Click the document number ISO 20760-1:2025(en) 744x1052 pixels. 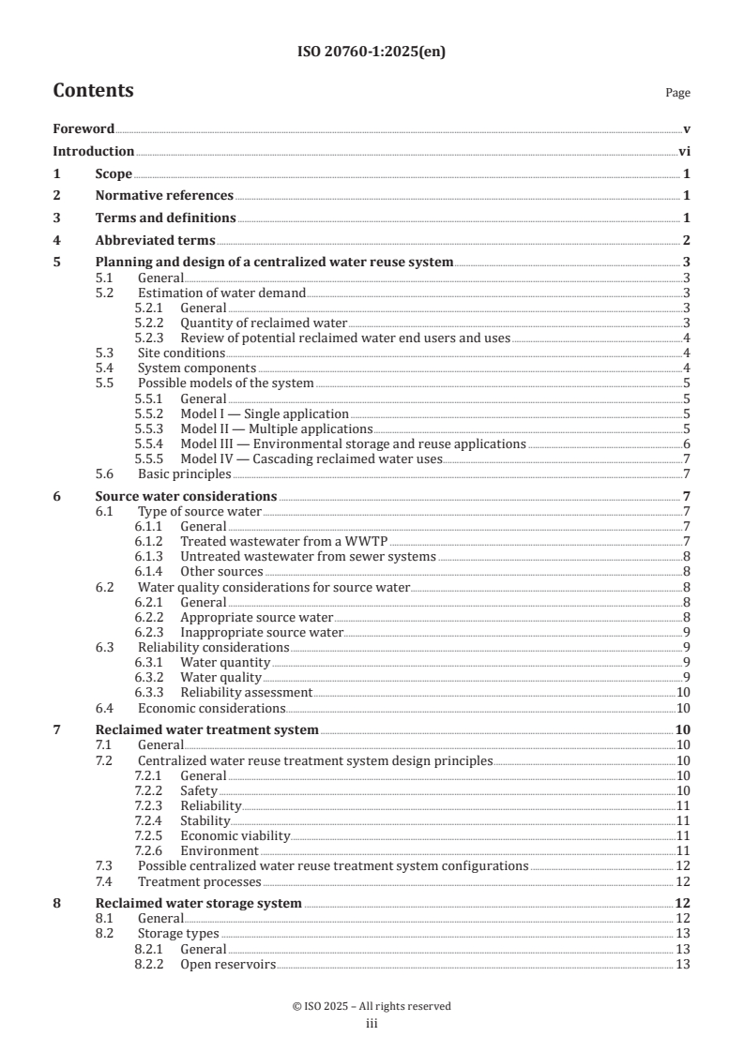(x=372, y=53)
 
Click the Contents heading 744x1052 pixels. (x=93, y=91)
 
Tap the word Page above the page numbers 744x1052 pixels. (x=677, y=93)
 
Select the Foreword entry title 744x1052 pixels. (x=84, y=128)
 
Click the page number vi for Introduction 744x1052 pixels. (x=685, y=151)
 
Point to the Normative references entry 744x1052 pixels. (x=164, y=196)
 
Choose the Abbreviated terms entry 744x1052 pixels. (x=155, y=240)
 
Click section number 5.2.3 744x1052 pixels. (x=150, y=338)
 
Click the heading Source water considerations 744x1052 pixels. (x=186, y=496)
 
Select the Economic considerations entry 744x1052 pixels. (x=211, y=708)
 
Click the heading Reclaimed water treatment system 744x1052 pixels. (x=206, y=729)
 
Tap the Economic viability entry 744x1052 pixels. (x=235, y=835)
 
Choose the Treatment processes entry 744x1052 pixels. (x=199, y=881)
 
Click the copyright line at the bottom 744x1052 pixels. (x=372, y=1006)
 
